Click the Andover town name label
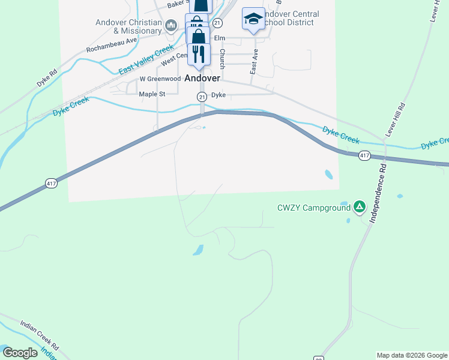click(x=202, y=78)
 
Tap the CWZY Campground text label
click(x=313, y=208)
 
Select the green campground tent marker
click(x=360, y=208)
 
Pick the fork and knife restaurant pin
click(x=199, y=53)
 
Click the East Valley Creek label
click(x=146, y=61)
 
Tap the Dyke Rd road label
click(x=46, y=79)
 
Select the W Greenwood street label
click(x=160, y=79)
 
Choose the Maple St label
click(x=152, y=94)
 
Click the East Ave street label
click(x=254, y=62)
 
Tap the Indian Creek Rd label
click(x=39, y=336)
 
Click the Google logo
click(x=19, y=353)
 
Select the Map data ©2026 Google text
click(x=412, y=355)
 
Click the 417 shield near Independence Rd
click(x=364, y=156)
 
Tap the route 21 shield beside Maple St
click(x=202, y=97)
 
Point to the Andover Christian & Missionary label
click(x=128, y=27)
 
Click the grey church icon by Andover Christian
click(x=171, y=25)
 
